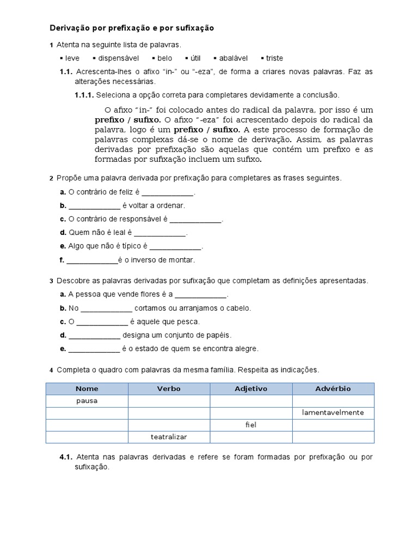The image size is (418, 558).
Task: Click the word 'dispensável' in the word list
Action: tap(118, 58)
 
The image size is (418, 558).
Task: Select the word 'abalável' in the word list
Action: tap(233, 58)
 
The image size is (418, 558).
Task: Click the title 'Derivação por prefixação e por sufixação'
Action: tap(132, 28)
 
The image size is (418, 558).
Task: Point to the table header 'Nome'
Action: tap(87, 389)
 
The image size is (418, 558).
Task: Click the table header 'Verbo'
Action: tap(169, 389)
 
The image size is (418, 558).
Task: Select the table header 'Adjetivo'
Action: tap(251, 389)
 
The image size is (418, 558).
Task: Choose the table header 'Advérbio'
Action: tap(333, 389)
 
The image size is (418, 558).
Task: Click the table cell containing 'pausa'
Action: tap(87, 401)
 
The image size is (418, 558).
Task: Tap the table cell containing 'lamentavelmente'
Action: tap(333, 413)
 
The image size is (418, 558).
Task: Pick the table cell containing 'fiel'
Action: tap(251, 425)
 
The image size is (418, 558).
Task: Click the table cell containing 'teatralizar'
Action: tap(169, 437)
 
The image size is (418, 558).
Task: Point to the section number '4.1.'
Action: tap(66, 457)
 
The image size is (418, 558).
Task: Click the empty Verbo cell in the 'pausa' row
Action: tap(169, 401)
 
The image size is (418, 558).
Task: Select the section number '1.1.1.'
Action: tap(84, 95)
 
